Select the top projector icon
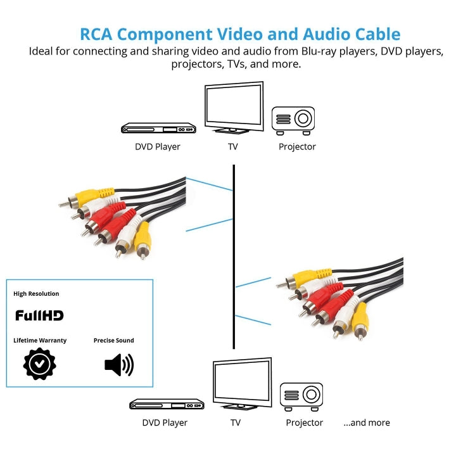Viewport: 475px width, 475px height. pos(293,119)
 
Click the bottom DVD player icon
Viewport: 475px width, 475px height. pos(167,403)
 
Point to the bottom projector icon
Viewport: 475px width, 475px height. pos(301,396)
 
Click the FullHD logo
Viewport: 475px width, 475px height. pos(39,315)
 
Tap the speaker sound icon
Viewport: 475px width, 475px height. pos(118,364)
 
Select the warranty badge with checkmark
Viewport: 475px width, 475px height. pos(39,364)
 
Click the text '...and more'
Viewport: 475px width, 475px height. pos(367,422)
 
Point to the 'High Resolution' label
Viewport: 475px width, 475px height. pos(36,294)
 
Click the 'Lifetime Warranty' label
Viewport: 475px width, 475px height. pos(40,340)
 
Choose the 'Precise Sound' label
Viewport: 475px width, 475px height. pos(114,340)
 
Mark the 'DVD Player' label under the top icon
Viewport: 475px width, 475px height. pos(157,147)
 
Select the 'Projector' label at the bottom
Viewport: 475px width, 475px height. pos(304,422)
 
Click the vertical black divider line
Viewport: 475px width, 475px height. pos(234,253)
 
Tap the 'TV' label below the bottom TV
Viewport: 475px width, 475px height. pos(235,422)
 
